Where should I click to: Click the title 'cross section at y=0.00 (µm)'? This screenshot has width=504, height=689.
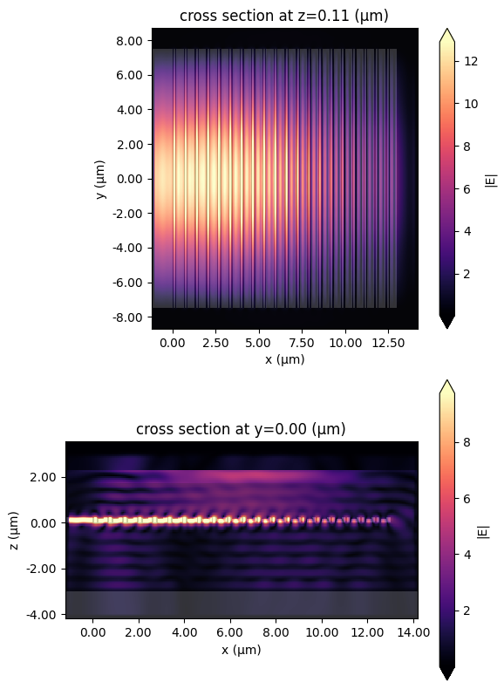[241, 428]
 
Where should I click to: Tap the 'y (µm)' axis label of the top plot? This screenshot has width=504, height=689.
[102, 179]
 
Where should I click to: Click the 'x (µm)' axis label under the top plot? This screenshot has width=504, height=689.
[284, 358]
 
